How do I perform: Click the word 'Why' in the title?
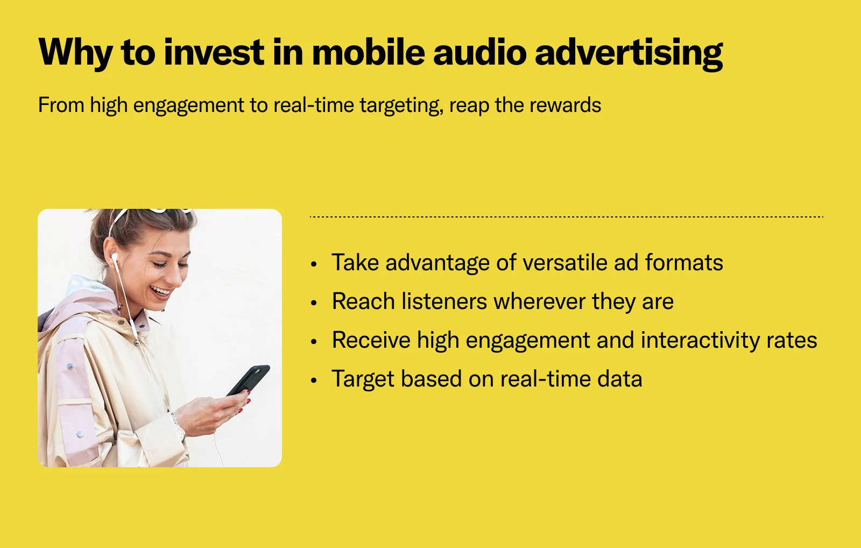point(75,53)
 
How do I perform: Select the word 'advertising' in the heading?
point(629,54)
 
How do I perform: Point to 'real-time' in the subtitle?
point(314,105)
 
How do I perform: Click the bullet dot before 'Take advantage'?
point(314,264)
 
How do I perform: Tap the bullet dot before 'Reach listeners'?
point(314,303)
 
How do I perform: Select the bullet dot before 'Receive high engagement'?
point(314,341)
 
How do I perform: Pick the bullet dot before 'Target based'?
point(314,381)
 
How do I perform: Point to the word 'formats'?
point(684,263)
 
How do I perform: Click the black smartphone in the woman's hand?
point(249,380)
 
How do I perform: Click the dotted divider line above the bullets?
point(566,217)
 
